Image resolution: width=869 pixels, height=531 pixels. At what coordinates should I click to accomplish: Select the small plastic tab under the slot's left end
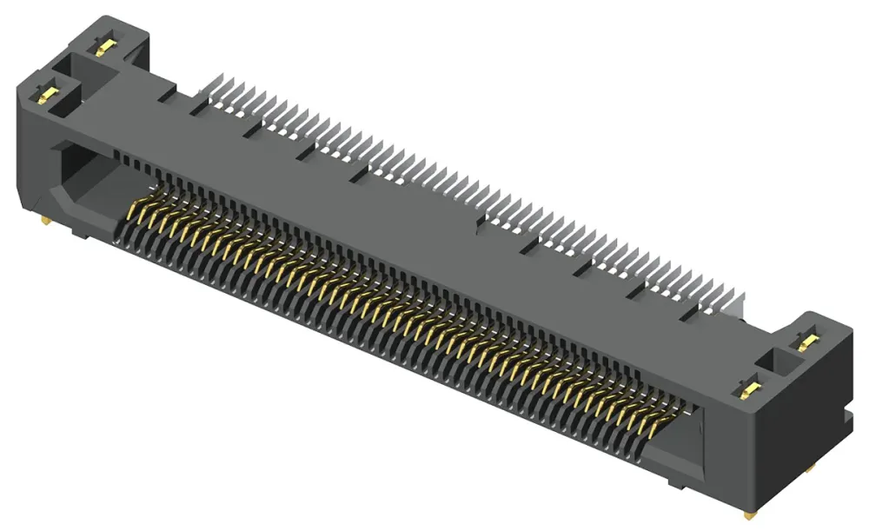(x=78, y=233)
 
